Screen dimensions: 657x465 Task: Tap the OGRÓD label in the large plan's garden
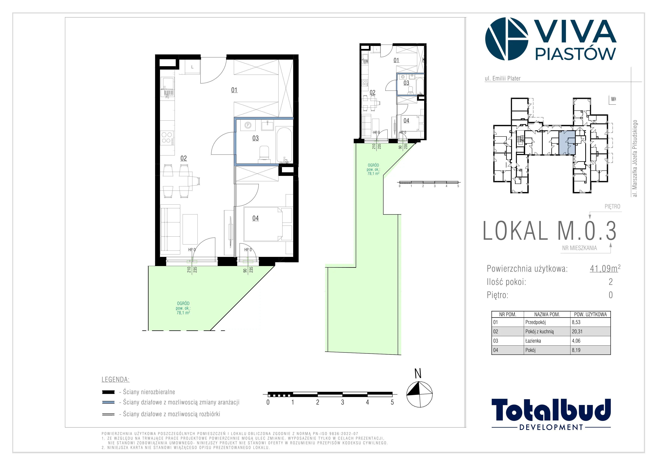click(183, 303)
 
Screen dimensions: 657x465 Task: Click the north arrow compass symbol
click(419, 394)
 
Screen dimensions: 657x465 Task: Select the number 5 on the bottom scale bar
click(392, 402)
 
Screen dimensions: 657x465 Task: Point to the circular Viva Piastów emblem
click(507, 39)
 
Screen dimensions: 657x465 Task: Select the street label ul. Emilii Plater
click(502, 78)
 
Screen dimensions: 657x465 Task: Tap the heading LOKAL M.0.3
click(549, 231)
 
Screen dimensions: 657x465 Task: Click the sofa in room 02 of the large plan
click(170, 229)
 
